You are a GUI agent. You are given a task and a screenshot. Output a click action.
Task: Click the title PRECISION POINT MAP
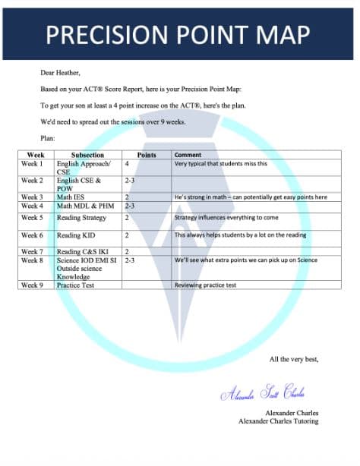click(x=178, y=34)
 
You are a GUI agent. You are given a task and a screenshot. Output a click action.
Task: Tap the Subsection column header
click(x=87, y=155)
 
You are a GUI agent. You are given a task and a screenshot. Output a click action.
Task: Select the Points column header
click(x=146, y=155)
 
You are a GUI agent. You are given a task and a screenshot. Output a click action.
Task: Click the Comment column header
click(x=188, y=155)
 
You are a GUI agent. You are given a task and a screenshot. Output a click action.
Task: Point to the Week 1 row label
click(x=32, y=164)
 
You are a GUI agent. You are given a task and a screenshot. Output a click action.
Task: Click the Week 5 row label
click(x=32, y=217)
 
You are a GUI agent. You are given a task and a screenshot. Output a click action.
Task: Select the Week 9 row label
click(x=32, y=285)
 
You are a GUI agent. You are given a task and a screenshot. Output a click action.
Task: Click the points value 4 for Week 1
click(x=127, y=164)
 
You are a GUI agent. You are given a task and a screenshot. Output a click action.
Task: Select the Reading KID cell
click(x=76, y=236)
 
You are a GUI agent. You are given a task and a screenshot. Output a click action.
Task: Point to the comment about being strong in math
click(x=251, y=197)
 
